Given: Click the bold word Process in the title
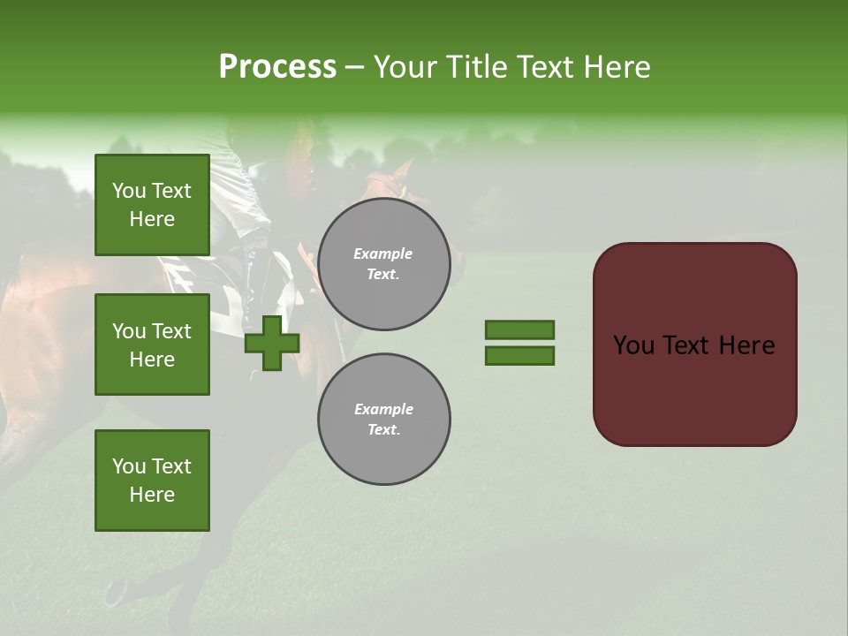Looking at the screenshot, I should click(x=277, y=67).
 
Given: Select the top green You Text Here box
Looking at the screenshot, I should click(x=152, y=205).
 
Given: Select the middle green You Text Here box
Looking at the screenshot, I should click(x=152, y=344).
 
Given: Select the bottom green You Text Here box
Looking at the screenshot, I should click(x=152, y=481).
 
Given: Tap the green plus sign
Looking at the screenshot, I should click(x=272, y=344).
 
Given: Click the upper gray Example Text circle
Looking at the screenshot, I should click(x=384, y=264).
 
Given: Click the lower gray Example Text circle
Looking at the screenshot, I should click(x=384, y=420).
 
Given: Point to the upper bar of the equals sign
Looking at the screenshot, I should click(x=519, y=330).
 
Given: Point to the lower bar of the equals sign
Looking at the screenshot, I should click(x=519, y=356).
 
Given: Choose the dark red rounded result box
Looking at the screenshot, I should click(x=694, y=344).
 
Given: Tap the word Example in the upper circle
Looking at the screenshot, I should click(x=382, y=254).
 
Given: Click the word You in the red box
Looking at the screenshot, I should click(x=633, y=345).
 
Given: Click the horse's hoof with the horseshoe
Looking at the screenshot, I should click(x=116, y=593).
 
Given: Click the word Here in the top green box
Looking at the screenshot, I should click(x=152, y=219).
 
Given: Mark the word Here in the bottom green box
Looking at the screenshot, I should click(x=152, y=495).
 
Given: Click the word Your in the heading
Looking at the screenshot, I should click(x=405, y=67).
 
